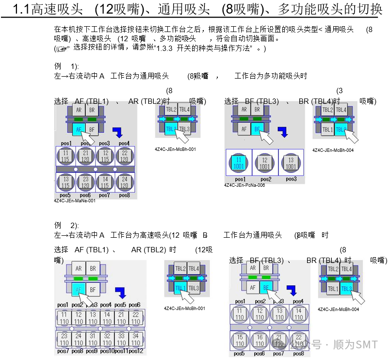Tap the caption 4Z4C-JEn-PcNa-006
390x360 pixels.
point(244,185)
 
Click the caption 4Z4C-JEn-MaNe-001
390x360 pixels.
point(75,200)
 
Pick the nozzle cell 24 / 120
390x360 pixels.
point(125,182)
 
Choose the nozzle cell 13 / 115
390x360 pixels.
point(65,182)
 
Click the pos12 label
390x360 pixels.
point(136,351)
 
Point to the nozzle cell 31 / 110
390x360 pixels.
point(93,338)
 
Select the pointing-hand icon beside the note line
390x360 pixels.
point(63,49)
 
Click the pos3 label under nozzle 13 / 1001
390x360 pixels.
point(291,179)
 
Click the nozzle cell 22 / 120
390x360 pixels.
point(125,156)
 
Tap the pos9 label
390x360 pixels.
point(92,351)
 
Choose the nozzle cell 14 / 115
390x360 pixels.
point(105,182)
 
